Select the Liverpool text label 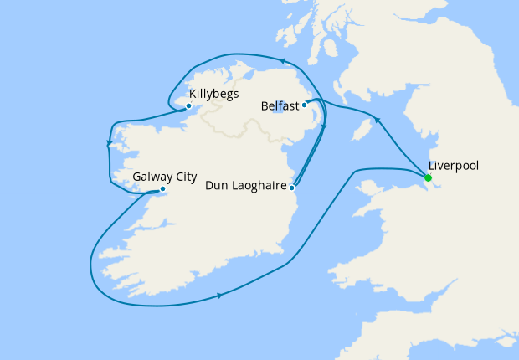[x=453, y=166]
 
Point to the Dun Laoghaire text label [x=245, y=186]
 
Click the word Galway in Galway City [x=152, y=177]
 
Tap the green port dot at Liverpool [x=428, y=177]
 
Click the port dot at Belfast [x=305, y=105]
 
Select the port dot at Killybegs [x=189, y=105]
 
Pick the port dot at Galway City [x=162, y=189]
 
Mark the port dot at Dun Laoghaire [x=291, y=187]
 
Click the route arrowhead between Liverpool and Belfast [x=378, y=121]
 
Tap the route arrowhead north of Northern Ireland [x=283, y=61]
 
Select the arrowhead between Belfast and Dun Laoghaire [x=325, y=127]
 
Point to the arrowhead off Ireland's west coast [x=109, y=144]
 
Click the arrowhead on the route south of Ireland [x=219, y=295]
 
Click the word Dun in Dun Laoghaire [x=218, y=186]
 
